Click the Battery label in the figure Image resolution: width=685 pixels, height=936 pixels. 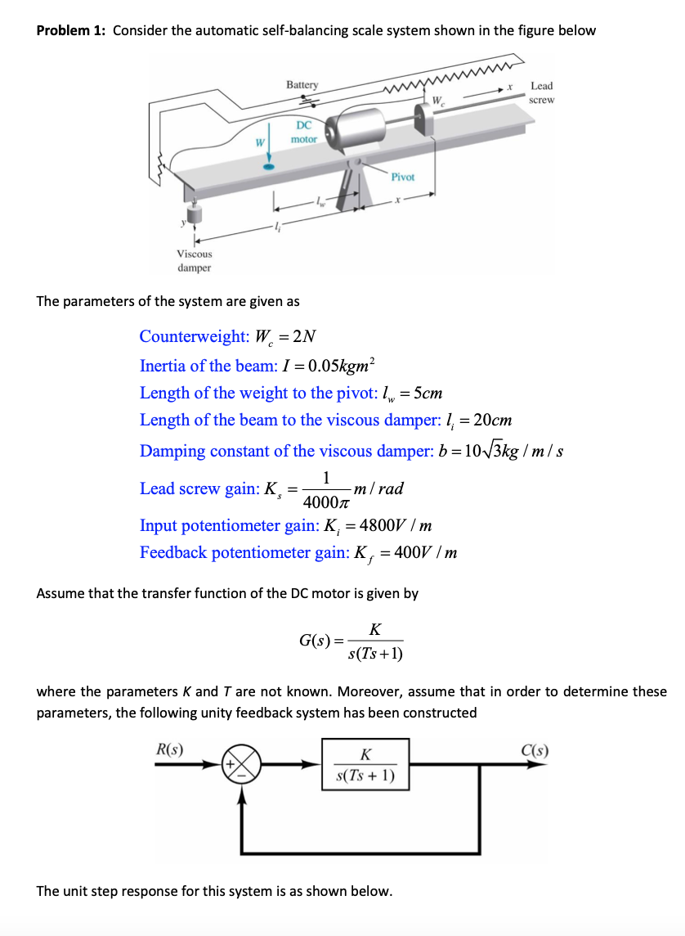pyautogui.click(x=302, y=85)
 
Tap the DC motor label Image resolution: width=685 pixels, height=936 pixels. pyautogui.click(x=303, y=132)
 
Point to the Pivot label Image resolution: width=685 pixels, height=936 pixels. pyautogui.click(x=403, y=177)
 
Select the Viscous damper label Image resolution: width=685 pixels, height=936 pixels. pyautogui.click(x=195, y=261)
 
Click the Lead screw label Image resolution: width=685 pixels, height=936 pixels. pyautogui.click(x=541, y=92)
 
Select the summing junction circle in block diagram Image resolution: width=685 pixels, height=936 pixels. pyautogui.click(x=241, y=766)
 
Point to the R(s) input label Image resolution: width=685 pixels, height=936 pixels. pyautogui.click(x=169, y=748)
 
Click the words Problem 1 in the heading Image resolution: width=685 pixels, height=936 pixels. pyautogui.click(x=71, y=31)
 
